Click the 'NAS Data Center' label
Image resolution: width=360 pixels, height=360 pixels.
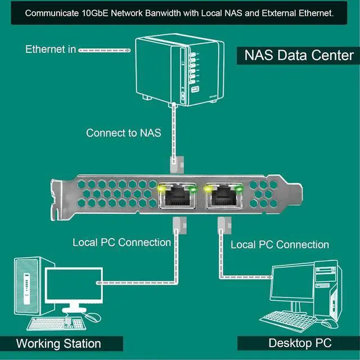299,55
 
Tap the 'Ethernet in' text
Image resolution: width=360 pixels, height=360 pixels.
50,49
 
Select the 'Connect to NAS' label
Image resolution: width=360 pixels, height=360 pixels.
123,133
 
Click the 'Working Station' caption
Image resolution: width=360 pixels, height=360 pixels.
58,343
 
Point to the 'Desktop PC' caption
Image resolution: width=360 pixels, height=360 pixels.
299,343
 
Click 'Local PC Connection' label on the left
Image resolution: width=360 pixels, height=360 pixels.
121,242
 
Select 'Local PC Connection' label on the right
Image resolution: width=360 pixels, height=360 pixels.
280,245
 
